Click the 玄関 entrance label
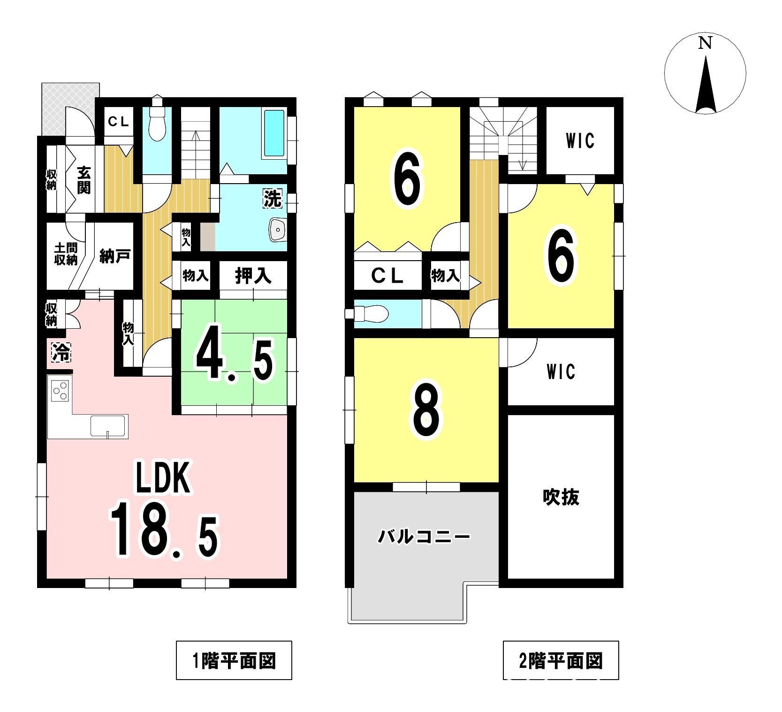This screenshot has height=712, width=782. pos(84,180)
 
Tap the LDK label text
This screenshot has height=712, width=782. pos(163,478)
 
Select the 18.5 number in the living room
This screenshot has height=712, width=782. pos(164,530)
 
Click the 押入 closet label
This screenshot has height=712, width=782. pos(253,275)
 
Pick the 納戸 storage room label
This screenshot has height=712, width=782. pos(115,256)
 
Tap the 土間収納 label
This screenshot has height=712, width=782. pos(66,254)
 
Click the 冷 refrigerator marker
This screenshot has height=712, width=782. pos(61,352)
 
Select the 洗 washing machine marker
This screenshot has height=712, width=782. pos(272,199)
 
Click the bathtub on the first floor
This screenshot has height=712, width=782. pos(274,133)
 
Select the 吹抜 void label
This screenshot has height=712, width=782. pos(561,497)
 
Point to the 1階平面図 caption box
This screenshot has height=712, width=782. pos(234,660)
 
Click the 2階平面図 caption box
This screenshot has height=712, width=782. pos(561,660)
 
